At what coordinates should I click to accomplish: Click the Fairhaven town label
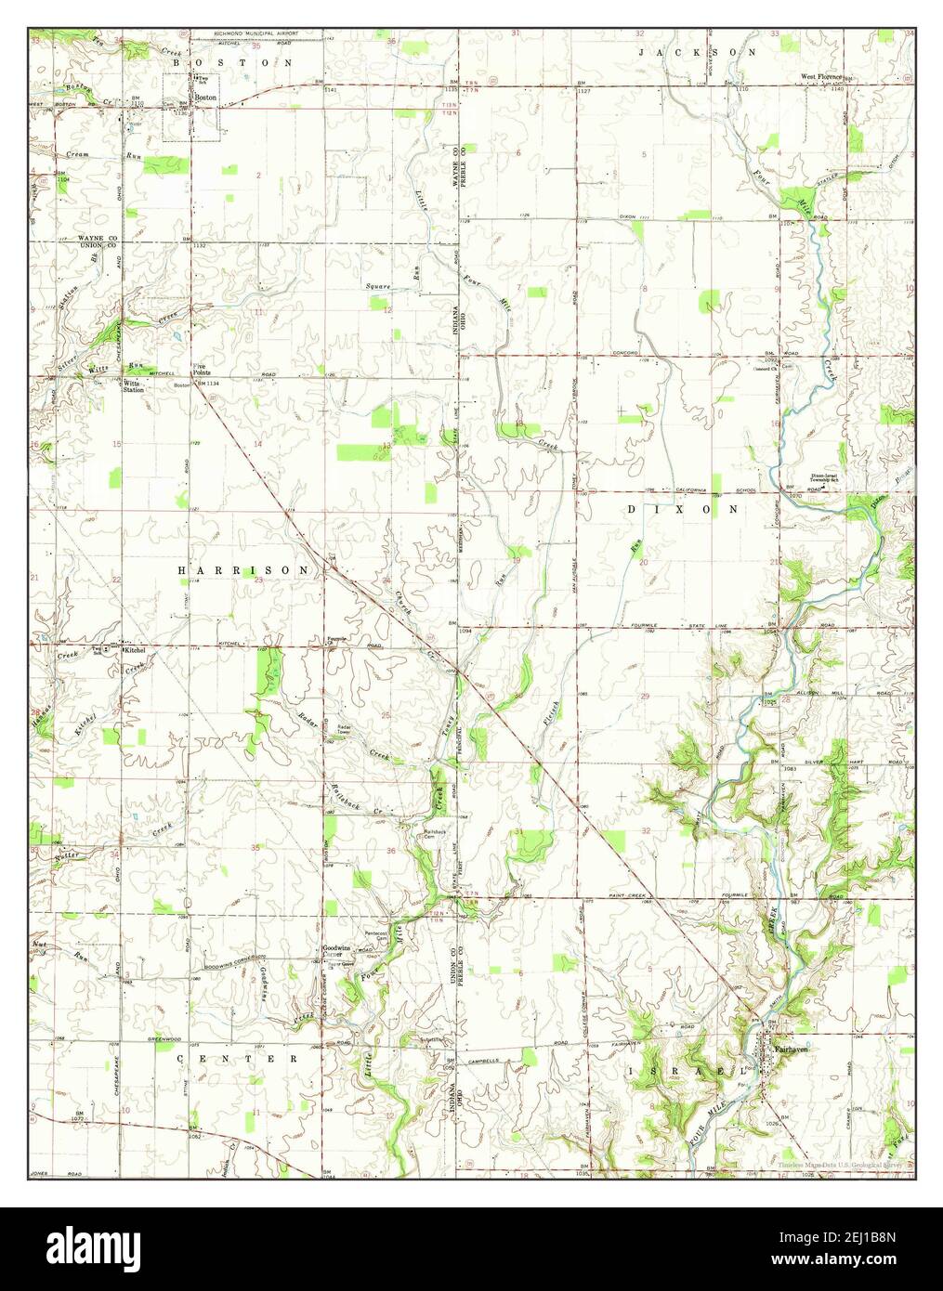pyautogui.click(x=792, y=1049)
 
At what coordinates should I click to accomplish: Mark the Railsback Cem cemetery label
pyautogui.click(x=436, y=834)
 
